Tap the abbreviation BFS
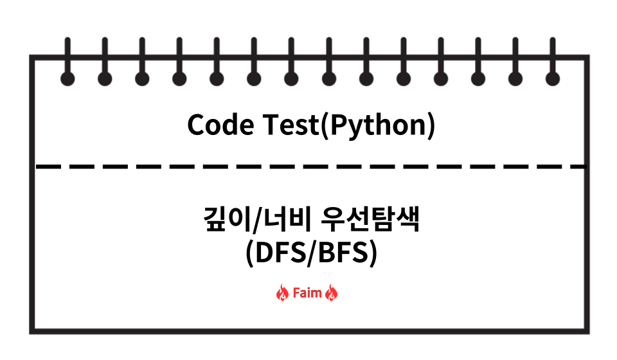point(342,253)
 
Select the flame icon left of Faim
point(282,294)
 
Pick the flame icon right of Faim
point(332,294)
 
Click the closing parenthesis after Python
point(431,126)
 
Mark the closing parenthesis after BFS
point(371,254)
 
